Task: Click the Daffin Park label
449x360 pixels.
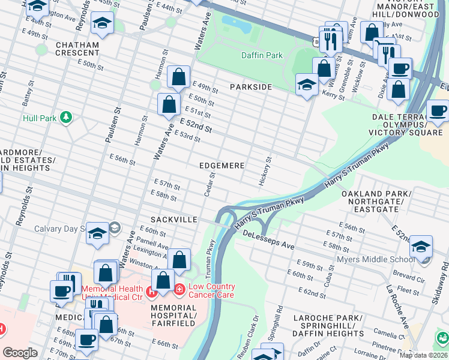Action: [x=262, y=55]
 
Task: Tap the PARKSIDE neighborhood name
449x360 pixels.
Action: [x=251, y=87]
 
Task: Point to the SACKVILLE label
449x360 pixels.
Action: [x=174, y=220]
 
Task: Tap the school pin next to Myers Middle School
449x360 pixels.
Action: [x=421, y=247]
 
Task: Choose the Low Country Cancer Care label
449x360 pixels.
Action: [x=212, y=290]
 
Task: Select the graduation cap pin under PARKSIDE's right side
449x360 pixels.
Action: [x=307, y=84]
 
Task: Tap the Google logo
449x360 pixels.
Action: [x=20, y=353]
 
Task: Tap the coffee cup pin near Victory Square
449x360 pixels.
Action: [x=438, y=110]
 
